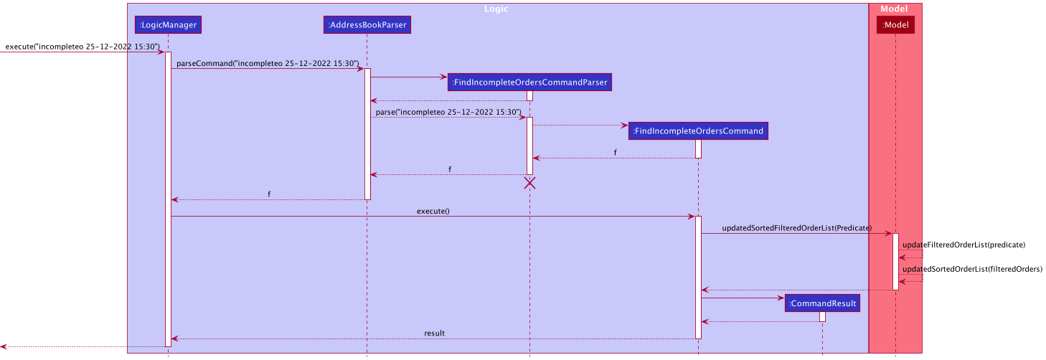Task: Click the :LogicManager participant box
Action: pos(168,25)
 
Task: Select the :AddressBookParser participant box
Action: pos(367,25)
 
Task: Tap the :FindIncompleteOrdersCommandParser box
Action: pos(529,82)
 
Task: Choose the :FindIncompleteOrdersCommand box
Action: pos(698,131)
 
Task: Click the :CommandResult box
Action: pos(822,303)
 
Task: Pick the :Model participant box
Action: pos(895,25)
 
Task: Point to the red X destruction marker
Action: pos(529,183)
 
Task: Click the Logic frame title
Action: pos(496,9)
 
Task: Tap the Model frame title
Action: pos(895,9)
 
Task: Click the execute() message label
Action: pos(433,212)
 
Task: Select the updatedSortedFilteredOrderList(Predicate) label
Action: pos(796,228)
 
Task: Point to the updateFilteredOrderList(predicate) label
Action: pos(963,245)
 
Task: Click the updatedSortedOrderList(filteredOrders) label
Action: pos(972,269)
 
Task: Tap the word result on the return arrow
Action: pos(434,333)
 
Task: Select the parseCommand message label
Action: pos(268,63)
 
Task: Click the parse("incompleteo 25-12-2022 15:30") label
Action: pos(448,112)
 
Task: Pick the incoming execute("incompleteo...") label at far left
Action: pos(83,47)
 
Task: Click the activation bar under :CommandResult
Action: pos(822,316)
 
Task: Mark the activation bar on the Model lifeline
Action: pos(895,261)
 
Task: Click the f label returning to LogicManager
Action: pos(269,194)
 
